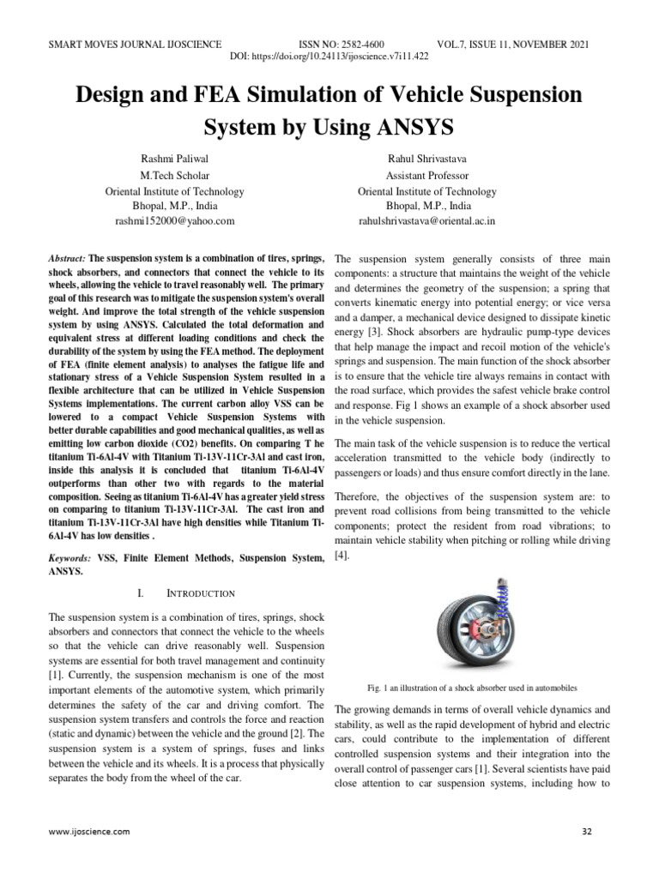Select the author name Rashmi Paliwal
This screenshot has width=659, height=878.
[x=174, y=159]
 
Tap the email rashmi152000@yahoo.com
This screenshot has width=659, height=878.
[x=174, y=221]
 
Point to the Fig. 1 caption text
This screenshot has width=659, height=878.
[x=471, y=688]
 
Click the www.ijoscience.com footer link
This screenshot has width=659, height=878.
[x=89, y=832]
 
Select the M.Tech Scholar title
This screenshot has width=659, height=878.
[x=174, y=176]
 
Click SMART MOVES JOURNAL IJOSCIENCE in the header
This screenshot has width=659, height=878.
[x=136, y=42]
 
